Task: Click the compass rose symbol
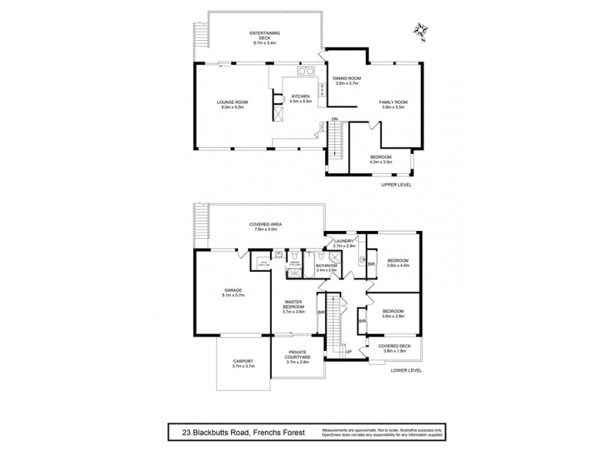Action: pos(420,30)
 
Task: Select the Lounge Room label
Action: pos(230,104)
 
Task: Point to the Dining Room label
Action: pos(346,79)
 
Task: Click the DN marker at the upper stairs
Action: pos(335,119)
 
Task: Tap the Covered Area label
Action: pos(264,225)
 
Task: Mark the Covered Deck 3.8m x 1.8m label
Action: pos(393,349)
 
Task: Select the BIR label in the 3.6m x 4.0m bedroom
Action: pos(370,264)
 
